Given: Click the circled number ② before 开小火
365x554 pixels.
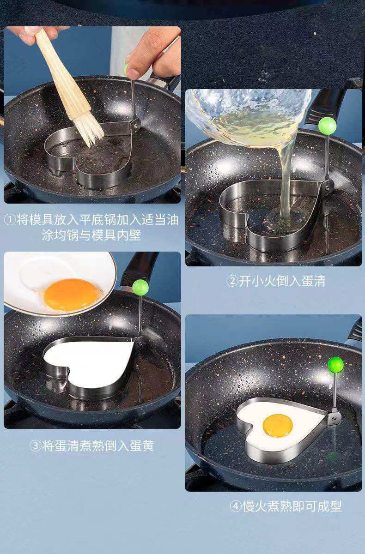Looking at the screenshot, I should click(x=232, y=281).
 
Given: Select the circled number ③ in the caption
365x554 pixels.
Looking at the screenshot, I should click(x=35, y=446).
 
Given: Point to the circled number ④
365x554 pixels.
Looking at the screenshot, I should click(x=236, y=506).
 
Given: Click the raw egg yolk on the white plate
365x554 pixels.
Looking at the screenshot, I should click(x=73, y=295).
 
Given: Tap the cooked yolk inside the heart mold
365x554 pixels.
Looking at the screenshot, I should click(x=278, y=425).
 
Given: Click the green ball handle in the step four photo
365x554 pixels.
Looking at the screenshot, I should click(x=336, y=365).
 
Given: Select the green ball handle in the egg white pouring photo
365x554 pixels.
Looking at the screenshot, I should click(x=328, y=126).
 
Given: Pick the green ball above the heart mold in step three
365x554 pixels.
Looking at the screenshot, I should click(x=140, y=287).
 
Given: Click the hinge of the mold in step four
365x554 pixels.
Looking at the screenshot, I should click(x=334, y=418).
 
